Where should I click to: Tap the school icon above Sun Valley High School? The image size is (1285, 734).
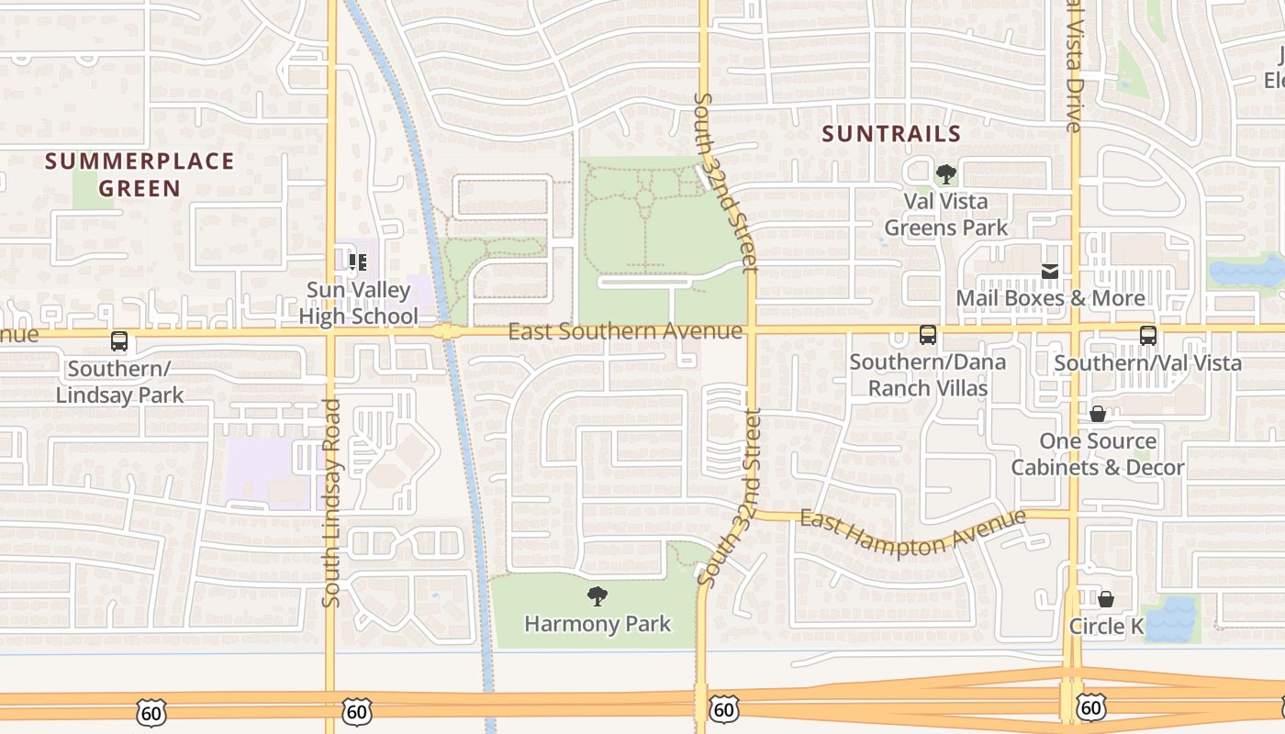(x=358, y=262)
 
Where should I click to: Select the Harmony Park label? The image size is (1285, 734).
(x=598, y=624)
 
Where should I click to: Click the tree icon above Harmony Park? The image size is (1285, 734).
(x=598, y=596)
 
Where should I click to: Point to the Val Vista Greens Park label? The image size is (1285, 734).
(x=945, y=214)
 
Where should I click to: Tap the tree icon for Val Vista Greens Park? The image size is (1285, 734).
(x=945, y=173)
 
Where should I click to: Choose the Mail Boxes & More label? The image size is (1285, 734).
(x=1050, y=298)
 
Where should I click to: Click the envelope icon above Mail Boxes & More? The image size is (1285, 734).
(x=1050, y=272)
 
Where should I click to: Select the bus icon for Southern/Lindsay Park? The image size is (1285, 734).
(x=119, y=341)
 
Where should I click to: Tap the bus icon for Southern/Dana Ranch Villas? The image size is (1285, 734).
(x=928, y=335)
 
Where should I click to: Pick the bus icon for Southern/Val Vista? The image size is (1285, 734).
(x=1147, y=336)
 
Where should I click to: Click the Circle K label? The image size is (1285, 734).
(x=1106, y=627)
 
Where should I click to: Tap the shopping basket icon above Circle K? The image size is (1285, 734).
(x=1106, y=599)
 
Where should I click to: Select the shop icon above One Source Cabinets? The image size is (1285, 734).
(x=1097, y=414)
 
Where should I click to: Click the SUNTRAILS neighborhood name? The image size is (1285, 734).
(x=891, y=134)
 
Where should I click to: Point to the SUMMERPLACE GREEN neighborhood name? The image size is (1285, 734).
(x=140, y=175)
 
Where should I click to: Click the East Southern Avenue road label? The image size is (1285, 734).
(x=625, y=331)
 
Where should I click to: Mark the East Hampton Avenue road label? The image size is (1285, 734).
(x=912, y=532)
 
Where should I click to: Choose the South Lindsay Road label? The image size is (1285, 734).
(x=332, y=503)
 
